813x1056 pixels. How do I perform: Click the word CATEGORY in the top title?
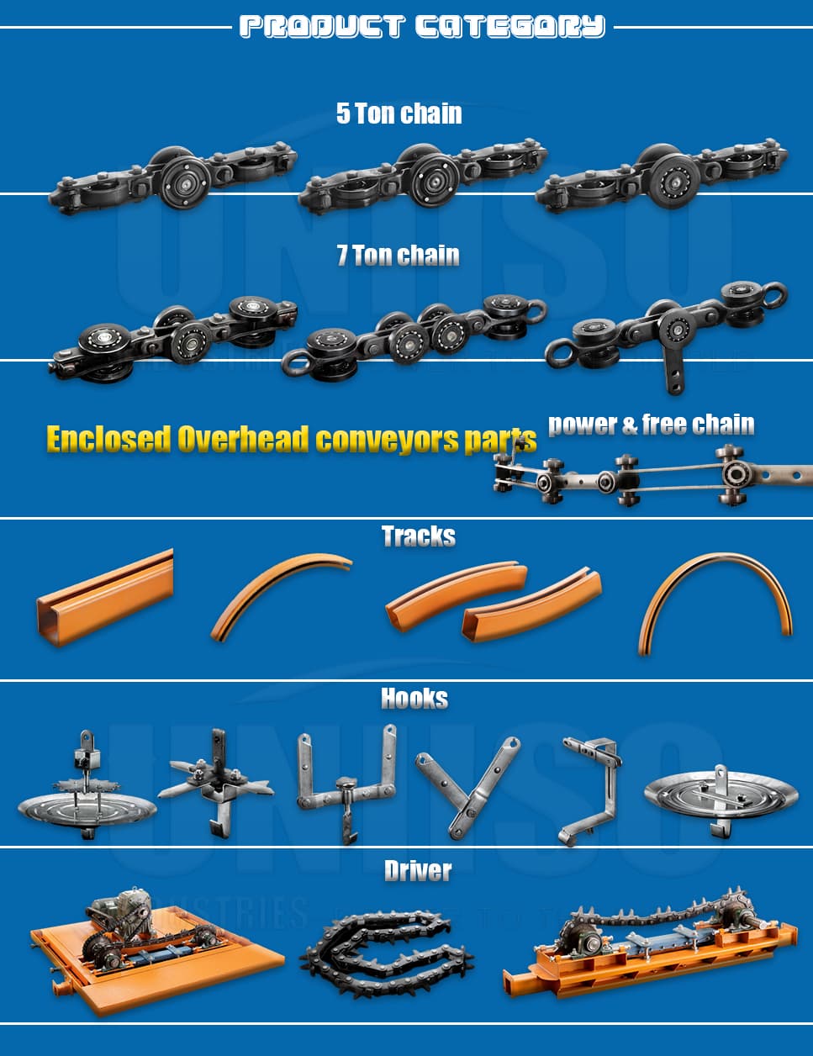click(509, 27)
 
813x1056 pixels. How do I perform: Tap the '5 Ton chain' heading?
click(399, 113)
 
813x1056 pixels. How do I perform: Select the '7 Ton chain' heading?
click(398, 255)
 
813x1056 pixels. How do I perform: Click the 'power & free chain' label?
click(651, 425)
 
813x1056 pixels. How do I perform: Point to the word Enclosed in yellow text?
click(108, 439)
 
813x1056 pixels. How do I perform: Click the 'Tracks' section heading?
click(418, 536)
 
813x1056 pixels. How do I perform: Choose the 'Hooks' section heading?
click(414, 699)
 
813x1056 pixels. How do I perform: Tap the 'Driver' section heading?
click(417, 871)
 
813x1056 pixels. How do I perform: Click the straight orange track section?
click(104, 596)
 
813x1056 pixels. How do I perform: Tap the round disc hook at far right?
click(720, 795)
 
